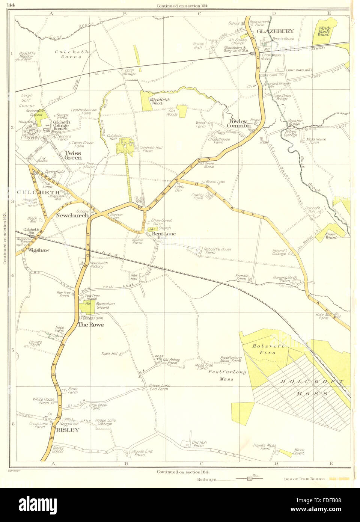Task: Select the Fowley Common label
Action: [x=239, y=124]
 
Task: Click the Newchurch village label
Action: [x=72, y=215]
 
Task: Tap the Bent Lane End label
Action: [x=163, y=235]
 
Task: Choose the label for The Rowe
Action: [x=90, y=324]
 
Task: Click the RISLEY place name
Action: [x=67, y=430]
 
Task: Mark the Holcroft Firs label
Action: [x=264, y=350]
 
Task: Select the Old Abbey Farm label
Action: [x=171, y=361]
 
